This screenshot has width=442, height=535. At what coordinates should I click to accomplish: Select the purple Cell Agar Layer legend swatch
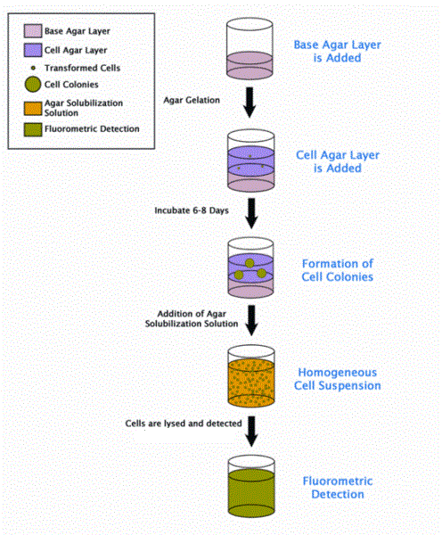(31, 52)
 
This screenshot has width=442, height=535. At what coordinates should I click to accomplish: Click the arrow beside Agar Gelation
(250, 104)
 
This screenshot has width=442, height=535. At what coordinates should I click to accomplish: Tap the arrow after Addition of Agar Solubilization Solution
(250, 318)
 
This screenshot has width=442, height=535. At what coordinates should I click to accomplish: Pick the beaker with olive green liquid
(250, 488)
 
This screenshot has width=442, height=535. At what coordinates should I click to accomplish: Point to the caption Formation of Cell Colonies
(334, 269)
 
